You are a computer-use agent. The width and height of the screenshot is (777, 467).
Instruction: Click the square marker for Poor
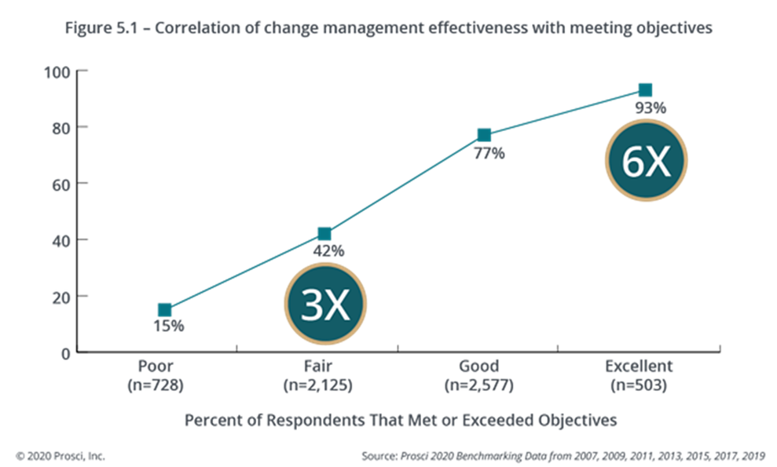164,310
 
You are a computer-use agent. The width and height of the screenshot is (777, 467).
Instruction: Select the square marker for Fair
324,233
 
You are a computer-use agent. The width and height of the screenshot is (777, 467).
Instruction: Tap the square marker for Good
484,135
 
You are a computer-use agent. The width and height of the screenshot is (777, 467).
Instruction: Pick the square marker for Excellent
645,90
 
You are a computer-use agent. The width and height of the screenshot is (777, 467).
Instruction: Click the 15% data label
169,325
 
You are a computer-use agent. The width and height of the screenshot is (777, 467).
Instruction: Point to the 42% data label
329,250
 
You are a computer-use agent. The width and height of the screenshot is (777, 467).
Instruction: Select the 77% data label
489,153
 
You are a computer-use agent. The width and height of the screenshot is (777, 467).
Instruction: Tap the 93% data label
650,108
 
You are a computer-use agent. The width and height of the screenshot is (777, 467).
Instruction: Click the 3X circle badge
326,305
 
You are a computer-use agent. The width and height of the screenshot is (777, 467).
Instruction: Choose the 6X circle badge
646,161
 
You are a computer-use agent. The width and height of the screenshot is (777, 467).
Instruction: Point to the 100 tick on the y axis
60,73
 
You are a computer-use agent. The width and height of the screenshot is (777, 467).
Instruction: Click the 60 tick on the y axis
62,185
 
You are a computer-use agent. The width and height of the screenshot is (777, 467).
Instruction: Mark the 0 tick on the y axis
65,354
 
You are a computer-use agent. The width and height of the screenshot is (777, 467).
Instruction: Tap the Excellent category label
639,366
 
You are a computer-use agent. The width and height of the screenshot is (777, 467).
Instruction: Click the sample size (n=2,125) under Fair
318,385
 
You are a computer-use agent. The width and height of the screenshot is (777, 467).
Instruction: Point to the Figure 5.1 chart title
388,29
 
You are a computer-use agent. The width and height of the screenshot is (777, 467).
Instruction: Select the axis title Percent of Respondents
401,420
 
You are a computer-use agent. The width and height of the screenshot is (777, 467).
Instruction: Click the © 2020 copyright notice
60,455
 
